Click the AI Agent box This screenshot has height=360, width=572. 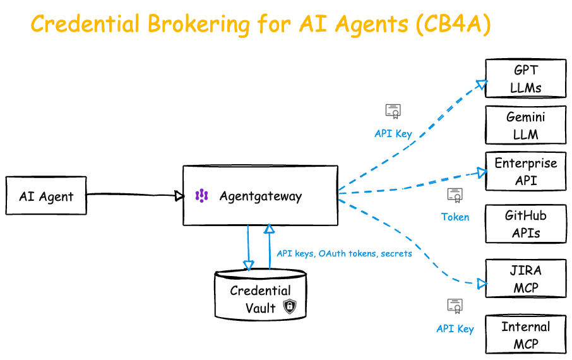click(x=46, y=196)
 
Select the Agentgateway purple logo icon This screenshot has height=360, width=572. click(x=202, y=196)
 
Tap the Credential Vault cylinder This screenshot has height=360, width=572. click(x=261, y=295)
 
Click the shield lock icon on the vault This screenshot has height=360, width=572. click(x=290, y=306)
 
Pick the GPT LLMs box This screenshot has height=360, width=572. click(x=526, y=78)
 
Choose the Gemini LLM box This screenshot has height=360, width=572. click(x=526, y=125)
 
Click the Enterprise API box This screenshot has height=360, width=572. click(x=526, y=172)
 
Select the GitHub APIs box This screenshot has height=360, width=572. click(x=526, y=224)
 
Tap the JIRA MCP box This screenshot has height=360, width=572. click(x=526, y=279)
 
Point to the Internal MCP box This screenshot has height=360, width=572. click(x=526, y=335)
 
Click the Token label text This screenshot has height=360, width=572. click(x=455, y=217)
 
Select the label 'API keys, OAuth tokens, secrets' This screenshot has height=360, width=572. click(x=344, y=253)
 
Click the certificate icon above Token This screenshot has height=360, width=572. click(x=455, y=195)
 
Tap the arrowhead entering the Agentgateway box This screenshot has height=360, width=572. click(x=179, y=196)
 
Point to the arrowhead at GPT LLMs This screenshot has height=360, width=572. click(x=482, y=85)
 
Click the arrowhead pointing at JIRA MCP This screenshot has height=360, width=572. click(x=482, y=284)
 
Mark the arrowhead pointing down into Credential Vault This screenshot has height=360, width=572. click(x=248, y=265)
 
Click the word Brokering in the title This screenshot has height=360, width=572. click(x=199, y=24)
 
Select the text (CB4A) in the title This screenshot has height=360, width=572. click(x=453, y=25)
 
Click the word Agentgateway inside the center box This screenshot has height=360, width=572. click(x=261, y=196)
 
